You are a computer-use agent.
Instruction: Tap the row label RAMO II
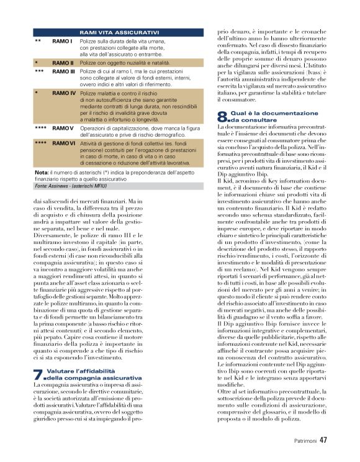coord(63,63)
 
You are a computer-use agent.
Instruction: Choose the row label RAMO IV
coord(65,93)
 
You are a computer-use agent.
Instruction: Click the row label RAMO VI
coord(64,143)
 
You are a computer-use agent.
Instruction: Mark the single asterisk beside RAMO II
coord(37,63)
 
